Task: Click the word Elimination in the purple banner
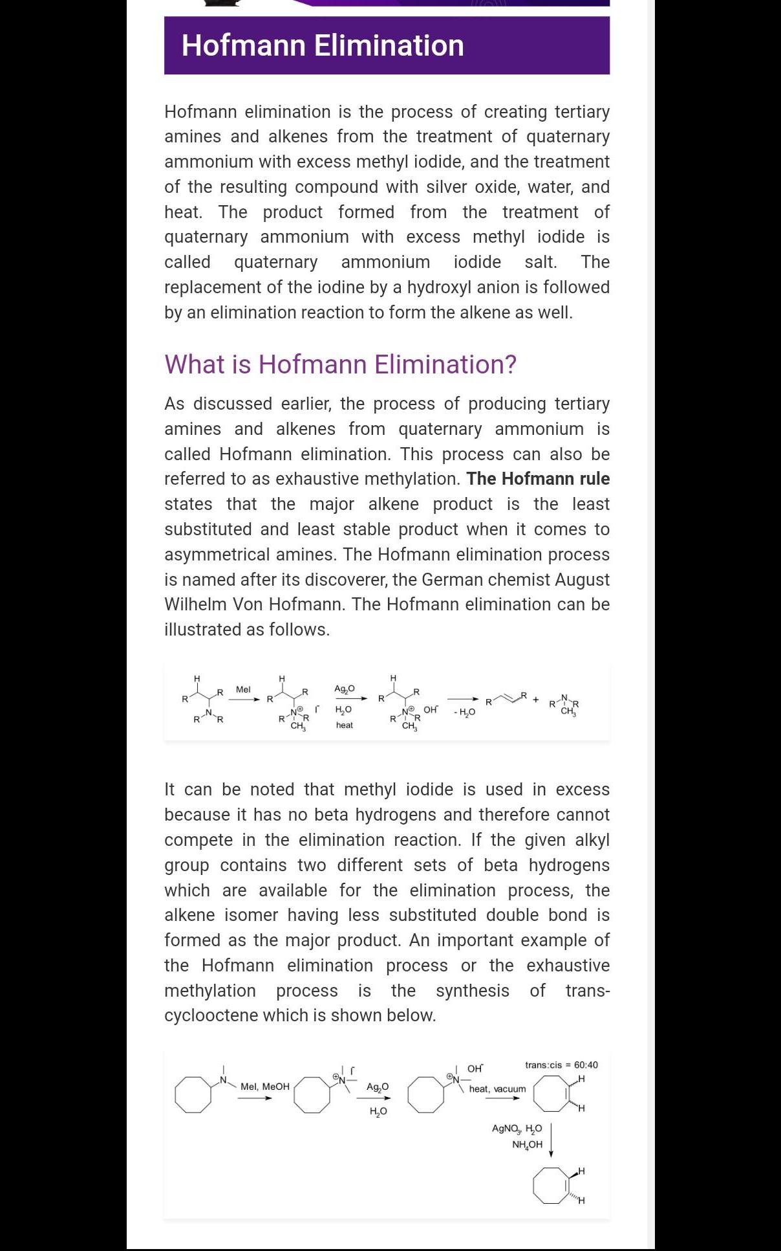(389, 46)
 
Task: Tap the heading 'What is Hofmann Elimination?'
(340, 364)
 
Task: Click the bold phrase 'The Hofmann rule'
(538, 479)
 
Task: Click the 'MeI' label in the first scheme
(243, 690)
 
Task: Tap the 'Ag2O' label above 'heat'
(344, 689)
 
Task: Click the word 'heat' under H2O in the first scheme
(345, 725)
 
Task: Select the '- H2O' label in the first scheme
(464, 713)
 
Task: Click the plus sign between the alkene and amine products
(536, 700)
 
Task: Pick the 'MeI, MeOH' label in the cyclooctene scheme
(264, 1087)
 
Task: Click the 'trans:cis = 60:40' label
(561, 1065)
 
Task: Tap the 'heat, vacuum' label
(497, 1089)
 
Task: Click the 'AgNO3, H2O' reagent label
(517, 1129)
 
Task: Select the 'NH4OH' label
(527, 1145)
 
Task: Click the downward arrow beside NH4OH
(551, 1140)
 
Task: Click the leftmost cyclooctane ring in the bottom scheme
(193, 1094)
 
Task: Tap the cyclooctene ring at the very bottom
(551, 1186)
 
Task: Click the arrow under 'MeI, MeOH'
(254, 1098)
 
